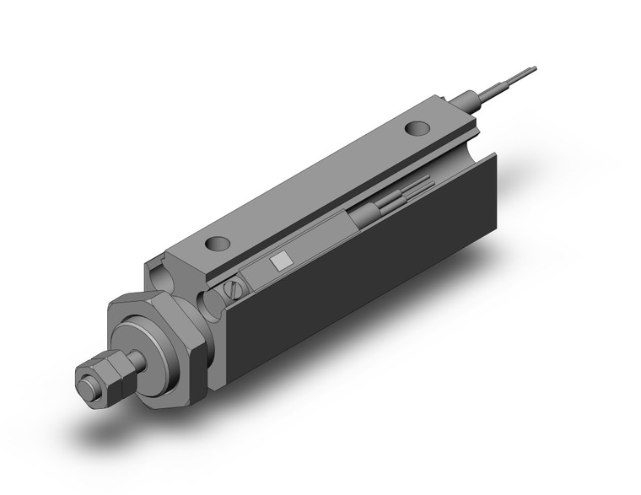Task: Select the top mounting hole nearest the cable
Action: (x=415, y=129)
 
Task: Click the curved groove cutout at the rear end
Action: (x=485, y=135)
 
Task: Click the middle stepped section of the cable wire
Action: (x=498, y=84)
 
